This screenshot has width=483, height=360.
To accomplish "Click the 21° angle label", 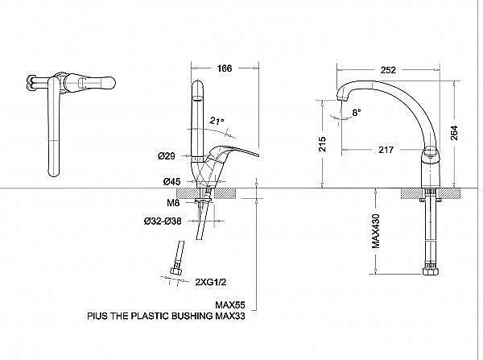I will (215, 121).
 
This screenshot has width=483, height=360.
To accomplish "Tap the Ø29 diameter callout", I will (167, 155).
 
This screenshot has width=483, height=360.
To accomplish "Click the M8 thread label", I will (171, 203).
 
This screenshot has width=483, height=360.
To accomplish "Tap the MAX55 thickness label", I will (229, 305).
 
